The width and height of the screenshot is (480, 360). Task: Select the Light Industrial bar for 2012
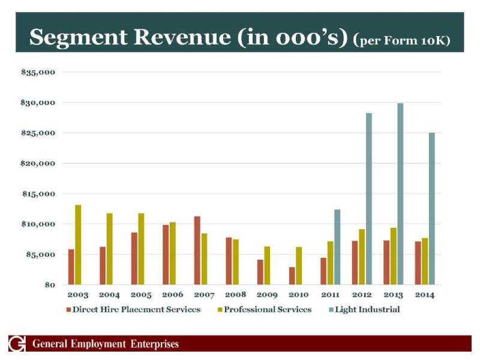369,199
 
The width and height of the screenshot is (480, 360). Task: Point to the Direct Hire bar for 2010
292,275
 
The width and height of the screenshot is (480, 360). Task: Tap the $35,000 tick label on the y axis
38,72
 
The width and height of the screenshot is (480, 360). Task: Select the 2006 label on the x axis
172,295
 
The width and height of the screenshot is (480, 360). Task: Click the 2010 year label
298,295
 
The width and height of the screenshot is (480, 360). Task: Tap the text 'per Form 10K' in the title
405,43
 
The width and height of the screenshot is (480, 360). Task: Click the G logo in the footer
17,344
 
